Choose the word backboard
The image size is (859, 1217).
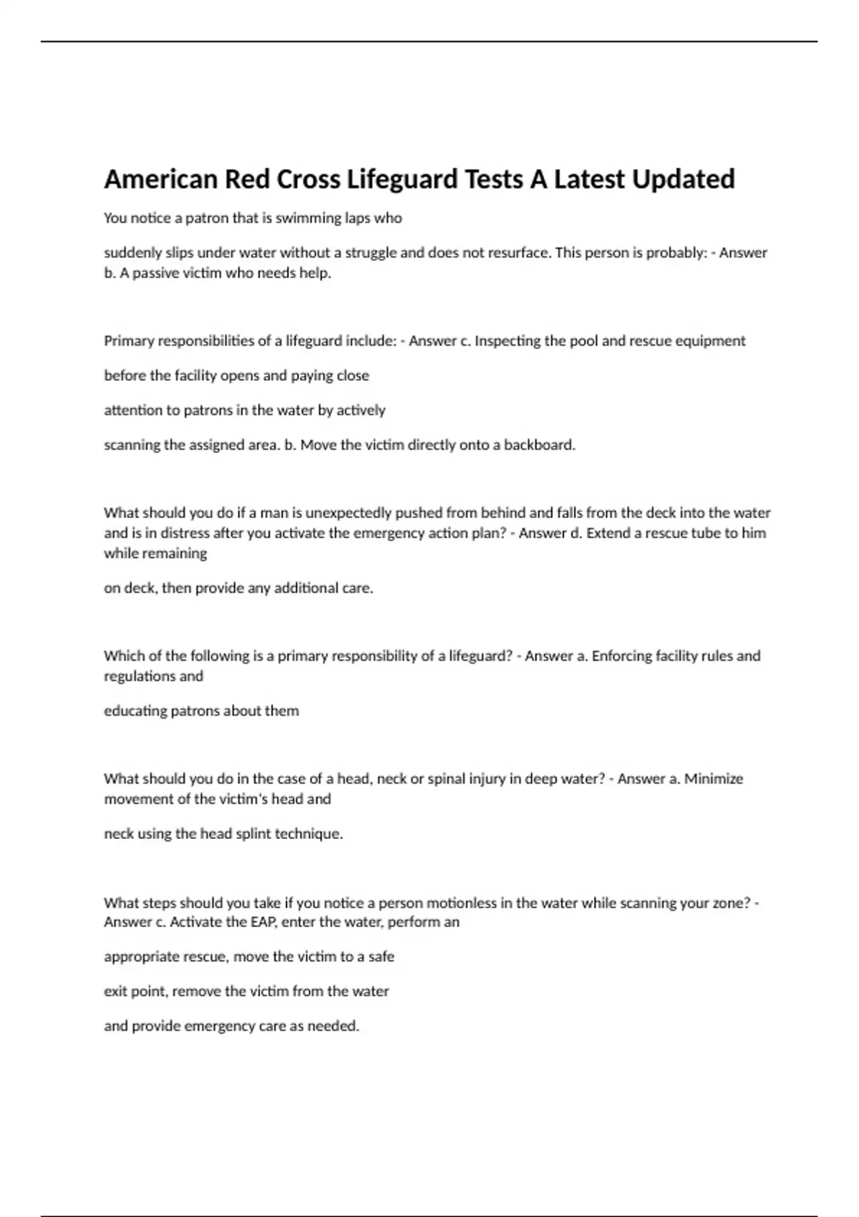tap(539, 445)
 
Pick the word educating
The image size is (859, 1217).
tap(135, 711)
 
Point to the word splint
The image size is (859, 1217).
tap(254, 834)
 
